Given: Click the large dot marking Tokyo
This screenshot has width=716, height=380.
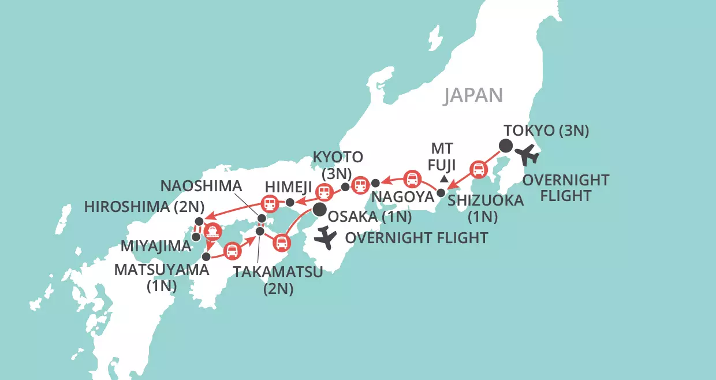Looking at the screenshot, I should (506, 146).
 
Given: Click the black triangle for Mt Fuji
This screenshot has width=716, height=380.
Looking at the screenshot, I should (443, 179).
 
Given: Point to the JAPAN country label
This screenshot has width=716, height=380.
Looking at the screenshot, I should (473, 96).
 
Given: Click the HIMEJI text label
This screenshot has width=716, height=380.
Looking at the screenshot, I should (289, 187).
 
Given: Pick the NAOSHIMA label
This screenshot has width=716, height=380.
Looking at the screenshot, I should (202, 186).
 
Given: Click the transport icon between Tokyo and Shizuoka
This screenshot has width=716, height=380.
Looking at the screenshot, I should (478, 169).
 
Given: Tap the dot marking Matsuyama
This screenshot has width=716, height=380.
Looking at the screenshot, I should (206, 255).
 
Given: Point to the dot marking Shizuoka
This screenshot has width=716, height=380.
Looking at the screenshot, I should (441, 193).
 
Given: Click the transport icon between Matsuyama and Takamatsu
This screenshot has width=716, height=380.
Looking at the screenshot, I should (232, 250).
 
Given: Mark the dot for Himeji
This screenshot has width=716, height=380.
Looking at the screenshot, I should (290, 202).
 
